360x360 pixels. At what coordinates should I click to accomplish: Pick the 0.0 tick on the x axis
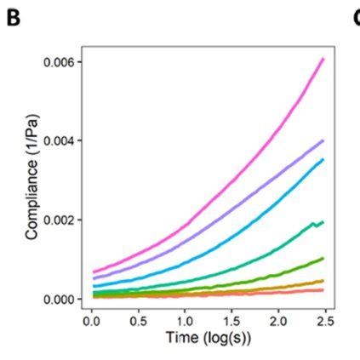pyautogui.click(x=92, y=323)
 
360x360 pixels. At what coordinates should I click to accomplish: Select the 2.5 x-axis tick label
pyautogui.click(x=325, y=323)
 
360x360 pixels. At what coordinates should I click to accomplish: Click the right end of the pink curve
pyautogui.click(x=323, y=59)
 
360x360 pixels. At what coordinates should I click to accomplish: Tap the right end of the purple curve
pyautogui.click(x=323, y=140)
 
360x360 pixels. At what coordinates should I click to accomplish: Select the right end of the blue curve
pyautogui.click(x=323, y=159)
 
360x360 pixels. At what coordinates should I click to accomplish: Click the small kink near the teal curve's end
pyautogui.click(x=314, y=225)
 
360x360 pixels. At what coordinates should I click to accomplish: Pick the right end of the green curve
pyautogui.click(x=323, y=258)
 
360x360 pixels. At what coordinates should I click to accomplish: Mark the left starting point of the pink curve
pyautogui.click(x=94, y=271)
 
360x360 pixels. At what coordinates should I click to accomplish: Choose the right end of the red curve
pyautogui.click(x=323, y=290)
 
